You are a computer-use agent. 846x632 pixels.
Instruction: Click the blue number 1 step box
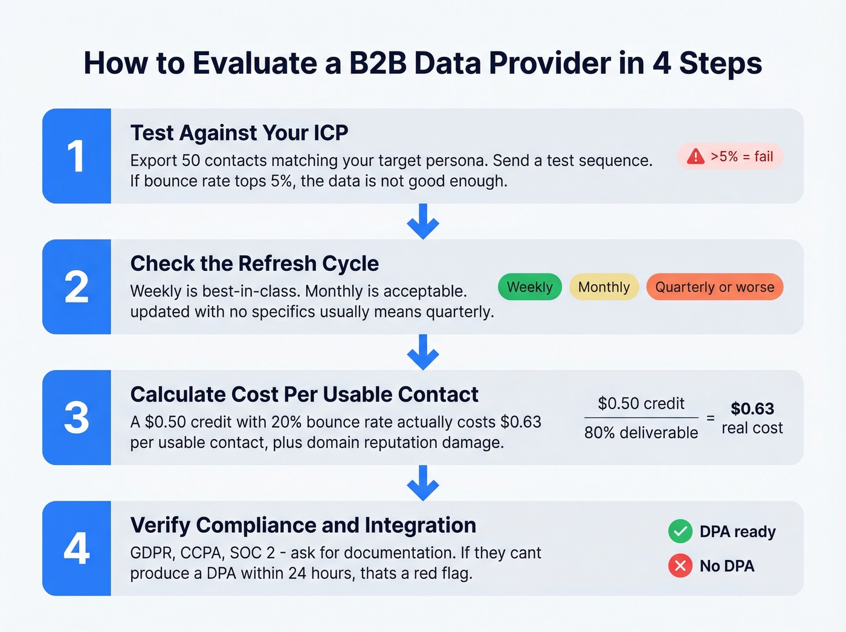(77, 156)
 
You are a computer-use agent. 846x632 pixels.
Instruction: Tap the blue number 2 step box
(77, 287)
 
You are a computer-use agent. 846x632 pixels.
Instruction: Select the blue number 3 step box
(77, 417)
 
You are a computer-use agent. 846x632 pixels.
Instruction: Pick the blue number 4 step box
(77, 549)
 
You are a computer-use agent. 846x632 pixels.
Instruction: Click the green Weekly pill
(529, 287)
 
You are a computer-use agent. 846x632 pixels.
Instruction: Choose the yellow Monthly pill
(604, 287)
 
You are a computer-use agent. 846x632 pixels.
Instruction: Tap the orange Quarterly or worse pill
(714, 287)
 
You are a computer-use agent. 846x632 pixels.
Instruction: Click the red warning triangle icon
(696, 157)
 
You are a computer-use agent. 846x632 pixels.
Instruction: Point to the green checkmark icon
(680, 532)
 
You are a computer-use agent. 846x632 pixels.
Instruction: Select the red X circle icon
(680, 566)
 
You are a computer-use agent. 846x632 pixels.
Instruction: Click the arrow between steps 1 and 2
(423, 221)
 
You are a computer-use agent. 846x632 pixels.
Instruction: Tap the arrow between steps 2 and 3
(423, 352)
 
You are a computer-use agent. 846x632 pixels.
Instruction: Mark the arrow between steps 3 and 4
(423, 483)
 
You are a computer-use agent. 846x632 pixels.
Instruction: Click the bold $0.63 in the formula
(752, 409)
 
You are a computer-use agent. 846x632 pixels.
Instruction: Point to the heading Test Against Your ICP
(239, 132)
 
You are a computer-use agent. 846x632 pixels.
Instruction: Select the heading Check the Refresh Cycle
(254, 264)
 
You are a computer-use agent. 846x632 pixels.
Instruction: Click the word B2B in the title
(378, 63)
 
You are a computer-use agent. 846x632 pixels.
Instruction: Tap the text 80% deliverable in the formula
(641, 433)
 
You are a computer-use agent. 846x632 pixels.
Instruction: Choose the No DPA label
(727, 566)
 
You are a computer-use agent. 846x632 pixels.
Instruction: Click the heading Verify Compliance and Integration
(303, 525)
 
